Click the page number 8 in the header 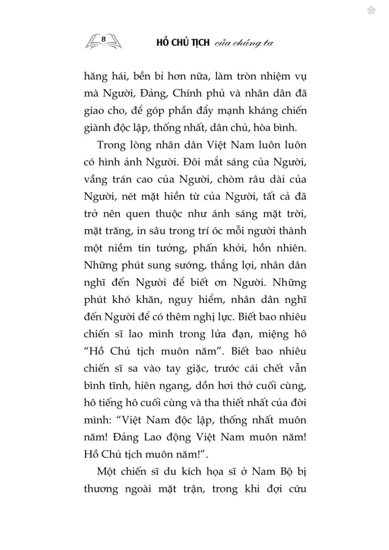pyautogui.click(x=103, y=38)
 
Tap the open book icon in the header pyautogui.click(x=103, y=42)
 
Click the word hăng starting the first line pyautogui.click(x=95, y=76)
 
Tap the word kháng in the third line pyautogui.click(x=266, y=110)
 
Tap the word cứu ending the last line pyautogui.click(x=296, y=489)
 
